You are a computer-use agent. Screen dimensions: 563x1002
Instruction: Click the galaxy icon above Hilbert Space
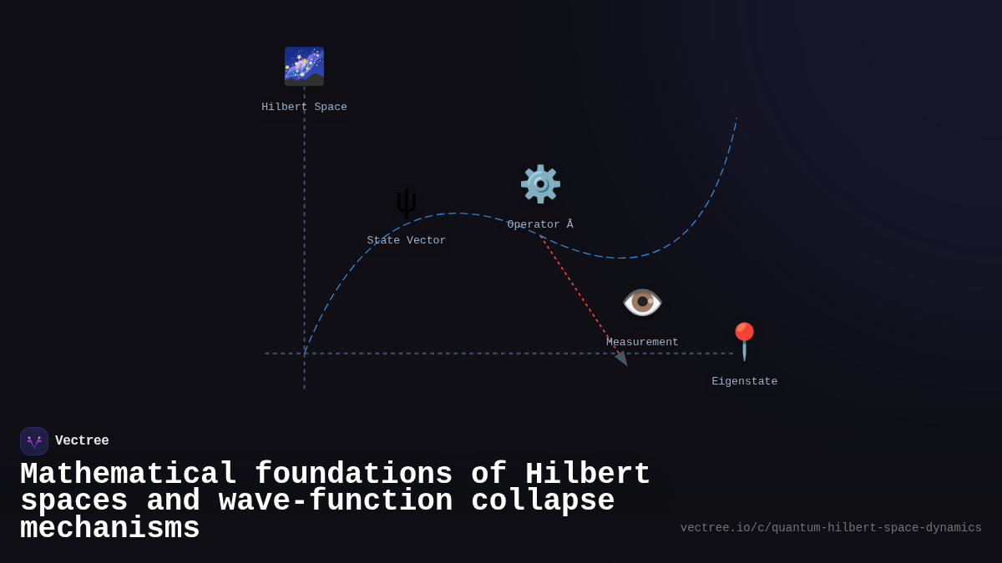pos(304,67)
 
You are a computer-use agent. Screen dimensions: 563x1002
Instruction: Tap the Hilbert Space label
pos(304,108)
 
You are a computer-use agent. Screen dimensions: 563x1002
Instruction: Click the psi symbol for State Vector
pos(407,203)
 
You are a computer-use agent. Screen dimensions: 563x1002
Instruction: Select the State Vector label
pos(407,241)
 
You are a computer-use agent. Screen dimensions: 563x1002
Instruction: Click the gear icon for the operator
pos(540,184)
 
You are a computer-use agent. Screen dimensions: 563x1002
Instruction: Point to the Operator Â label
pos(540,225)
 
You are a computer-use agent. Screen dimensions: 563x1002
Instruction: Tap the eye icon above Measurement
pos(642,302)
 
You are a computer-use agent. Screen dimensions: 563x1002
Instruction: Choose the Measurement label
pos(642,343)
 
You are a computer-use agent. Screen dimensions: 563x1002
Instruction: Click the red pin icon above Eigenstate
pos(744,340)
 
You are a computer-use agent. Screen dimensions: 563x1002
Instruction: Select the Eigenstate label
pos(744,382)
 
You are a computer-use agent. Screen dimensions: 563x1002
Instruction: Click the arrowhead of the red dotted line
pos(622,359)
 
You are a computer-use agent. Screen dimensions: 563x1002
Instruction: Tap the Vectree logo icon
pos(34,441)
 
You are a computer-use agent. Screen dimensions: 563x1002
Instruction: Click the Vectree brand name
pos(82,441)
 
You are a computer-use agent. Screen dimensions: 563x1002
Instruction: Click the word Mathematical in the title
pos(129,475)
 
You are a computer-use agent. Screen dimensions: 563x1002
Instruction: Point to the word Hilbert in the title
pos(587,475)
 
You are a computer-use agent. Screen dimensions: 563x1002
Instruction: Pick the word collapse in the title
pos(543,501)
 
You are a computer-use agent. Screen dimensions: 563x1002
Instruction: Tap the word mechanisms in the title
pos(110,529)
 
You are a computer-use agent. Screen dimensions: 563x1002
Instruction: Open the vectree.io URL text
pos(831,528)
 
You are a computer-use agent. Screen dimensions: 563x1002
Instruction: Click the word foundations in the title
pos(353,475)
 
